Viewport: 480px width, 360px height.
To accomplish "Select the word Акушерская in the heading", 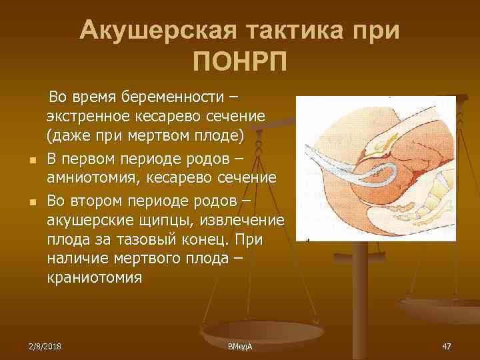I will click(x=157, y=30).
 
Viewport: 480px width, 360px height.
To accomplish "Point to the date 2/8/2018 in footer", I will click(x=43, y=346).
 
